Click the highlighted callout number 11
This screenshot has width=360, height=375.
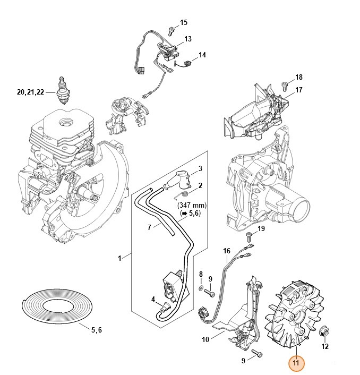(x=296, y=364)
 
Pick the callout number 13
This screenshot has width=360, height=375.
(x=188, y=39)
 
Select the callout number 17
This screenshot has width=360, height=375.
(x=299, y=90)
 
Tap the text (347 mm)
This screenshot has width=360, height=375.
(x=192, y=204)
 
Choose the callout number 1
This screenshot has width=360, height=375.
(x=120, y=258)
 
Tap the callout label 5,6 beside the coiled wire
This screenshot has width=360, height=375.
(x=96, y=330)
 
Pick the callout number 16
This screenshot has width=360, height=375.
(x=227, y=251)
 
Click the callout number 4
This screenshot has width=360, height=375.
(x=153, y=300)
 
